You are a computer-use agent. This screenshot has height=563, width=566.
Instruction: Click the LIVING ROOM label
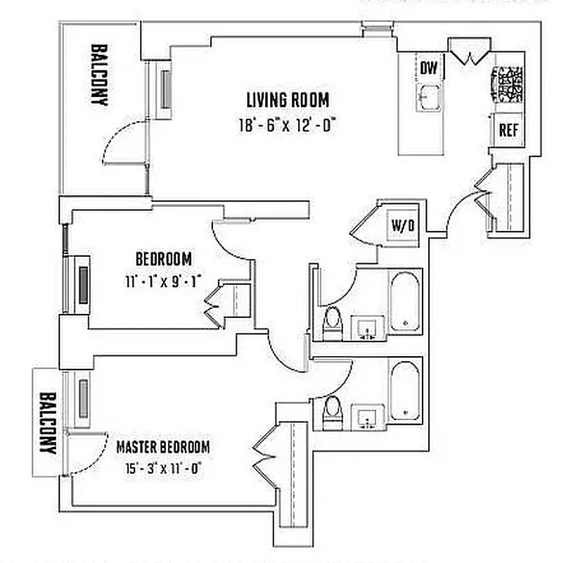tap(288, 99)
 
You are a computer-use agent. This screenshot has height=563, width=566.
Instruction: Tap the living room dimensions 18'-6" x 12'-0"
tap(288, 125)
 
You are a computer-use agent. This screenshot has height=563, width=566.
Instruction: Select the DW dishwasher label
tap(430, 68)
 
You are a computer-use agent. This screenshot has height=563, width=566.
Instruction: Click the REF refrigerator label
tap(508, 130)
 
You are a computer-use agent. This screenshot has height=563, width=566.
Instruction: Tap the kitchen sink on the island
tap(429, 97)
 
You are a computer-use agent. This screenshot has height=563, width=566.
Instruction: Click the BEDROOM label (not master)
tap(163, 258)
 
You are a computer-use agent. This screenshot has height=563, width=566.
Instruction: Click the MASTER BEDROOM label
tap(162, 447)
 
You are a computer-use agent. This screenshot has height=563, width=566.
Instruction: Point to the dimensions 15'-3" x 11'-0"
tap(162, 466)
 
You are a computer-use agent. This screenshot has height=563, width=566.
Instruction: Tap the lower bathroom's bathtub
tap(404, 391)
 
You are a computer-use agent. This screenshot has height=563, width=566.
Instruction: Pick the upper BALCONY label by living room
tap(98, 75)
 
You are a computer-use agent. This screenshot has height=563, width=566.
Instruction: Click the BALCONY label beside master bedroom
tap(47, 422)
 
